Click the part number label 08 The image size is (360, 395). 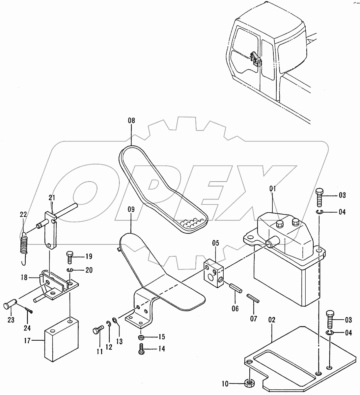pos(131,120)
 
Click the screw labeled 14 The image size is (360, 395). pos(141,349)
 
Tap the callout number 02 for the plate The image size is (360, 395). pos(272,320)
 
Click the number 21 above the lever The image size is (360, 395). pos(52,198)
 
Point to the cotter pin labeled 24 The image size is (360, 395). pos(29,310)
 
